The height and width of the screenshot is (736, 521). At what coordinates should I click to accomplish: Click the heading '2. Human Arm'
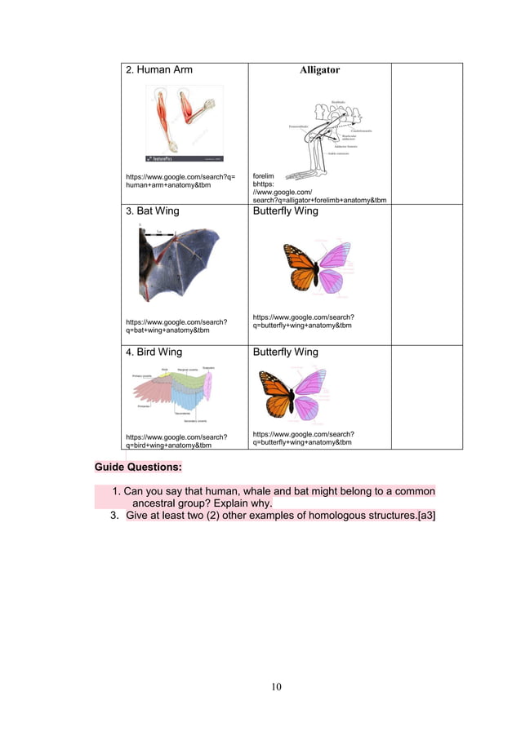pos(158,70)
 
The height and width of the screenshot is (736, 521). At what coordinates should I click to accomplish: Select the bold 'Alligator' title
pos(319,70)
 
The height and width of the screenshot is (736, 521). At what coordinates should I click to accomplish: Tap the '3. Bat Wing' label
pos(152,211)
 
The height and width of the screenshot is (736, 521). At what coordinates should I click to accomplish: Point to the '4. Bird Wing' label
pos(154,352)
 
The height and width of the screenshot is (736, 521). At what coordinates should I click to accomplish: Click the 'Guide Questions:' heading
pos(138,468)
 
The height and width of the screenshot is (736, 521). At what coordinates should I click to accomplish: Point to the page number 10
pos(276,686)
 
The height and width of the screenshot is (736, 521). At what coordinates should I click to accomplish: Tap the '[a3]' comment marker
pos(425,515)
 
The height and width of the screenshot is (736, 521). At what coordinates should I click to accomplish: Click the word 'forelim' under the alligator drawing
pos(264,175)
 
